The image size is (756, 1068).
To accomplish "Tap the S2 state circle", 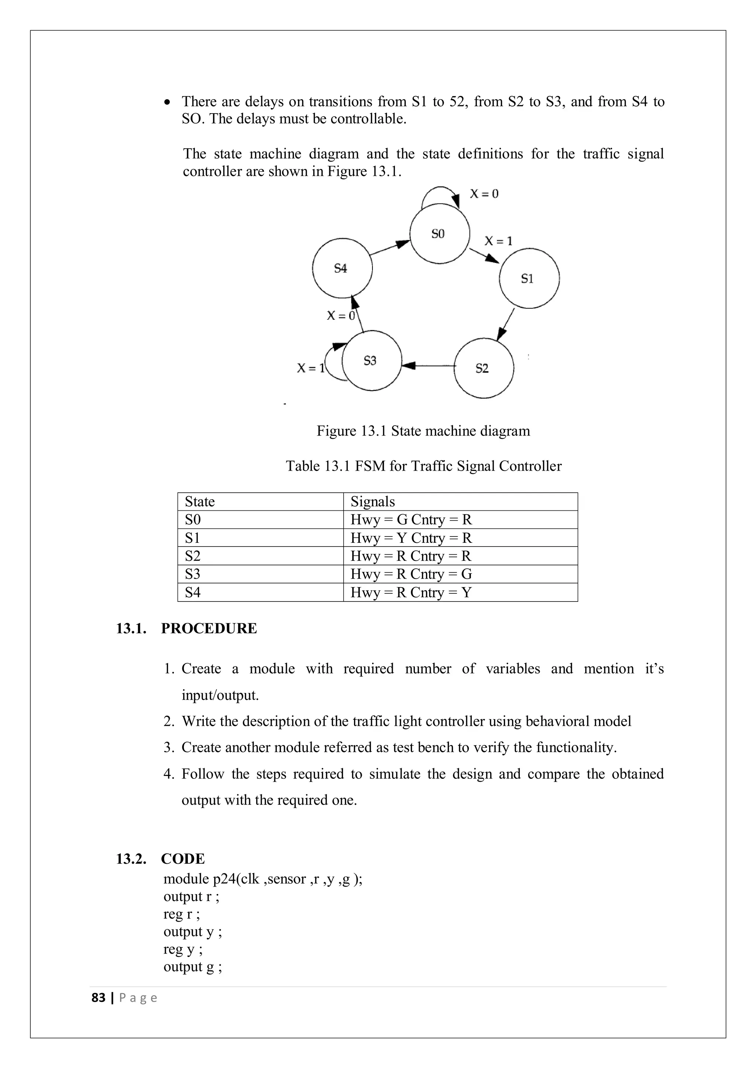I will [x=483, y=368].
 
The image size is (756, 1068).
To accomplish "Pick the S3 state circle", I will [x=371, y=361].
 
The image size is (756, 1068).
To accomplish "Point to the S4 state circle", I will [x=342, y=268].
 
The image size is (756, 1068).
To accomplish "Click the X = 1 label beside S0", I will [x=498, y=241].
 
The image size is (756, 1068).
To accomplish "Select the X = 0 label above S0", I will [x=484, y=194].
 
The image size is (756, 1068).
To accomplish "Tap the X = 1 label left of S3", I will [x=310, y=368].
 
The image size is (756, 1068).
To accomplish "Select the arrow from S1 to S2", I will [x=506, y=324].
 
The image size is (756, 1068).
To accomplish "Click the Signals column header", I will [x=372, y=502].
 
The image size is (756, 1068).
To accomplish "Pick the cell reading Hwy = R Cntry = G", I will [x=411, y=574].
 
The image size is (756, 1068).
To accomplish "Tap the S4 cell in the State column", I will [x=193, y=592].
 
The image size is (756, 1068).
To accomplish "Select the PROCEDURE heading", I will [x=209, y=628].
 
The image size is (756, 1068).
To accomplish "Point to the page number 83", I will [x=98, y=997].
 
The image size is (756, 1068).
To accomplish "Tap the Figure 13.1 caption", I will [x=423, y=431].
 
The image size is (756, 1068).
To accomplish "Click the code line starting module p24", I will [x=262, y=879].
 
